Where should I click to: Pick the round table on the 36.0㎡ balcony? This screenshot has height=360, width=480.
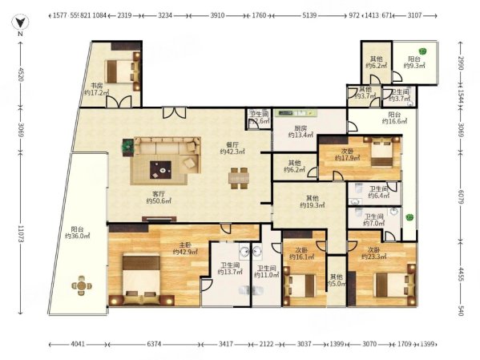(83, 285)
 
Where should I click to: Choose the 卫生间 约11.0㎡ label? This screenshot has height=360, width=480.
(266, 270)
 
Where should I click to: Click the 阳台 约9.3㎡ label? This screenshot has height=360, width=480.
(414, 63)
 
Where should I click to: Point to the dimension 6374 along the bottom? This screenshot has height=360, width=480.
(160, 345)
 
